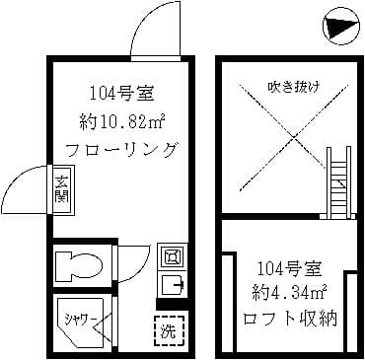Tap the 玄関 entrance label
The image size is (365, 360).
click(x=60, y=185)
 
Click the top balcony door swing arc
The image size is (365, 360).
click(x=156, y=25)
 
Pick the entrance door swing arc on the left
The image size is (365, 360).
click(x=27, y=187)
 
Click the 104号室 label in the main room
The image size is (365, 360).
click(x=121, y=94)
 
